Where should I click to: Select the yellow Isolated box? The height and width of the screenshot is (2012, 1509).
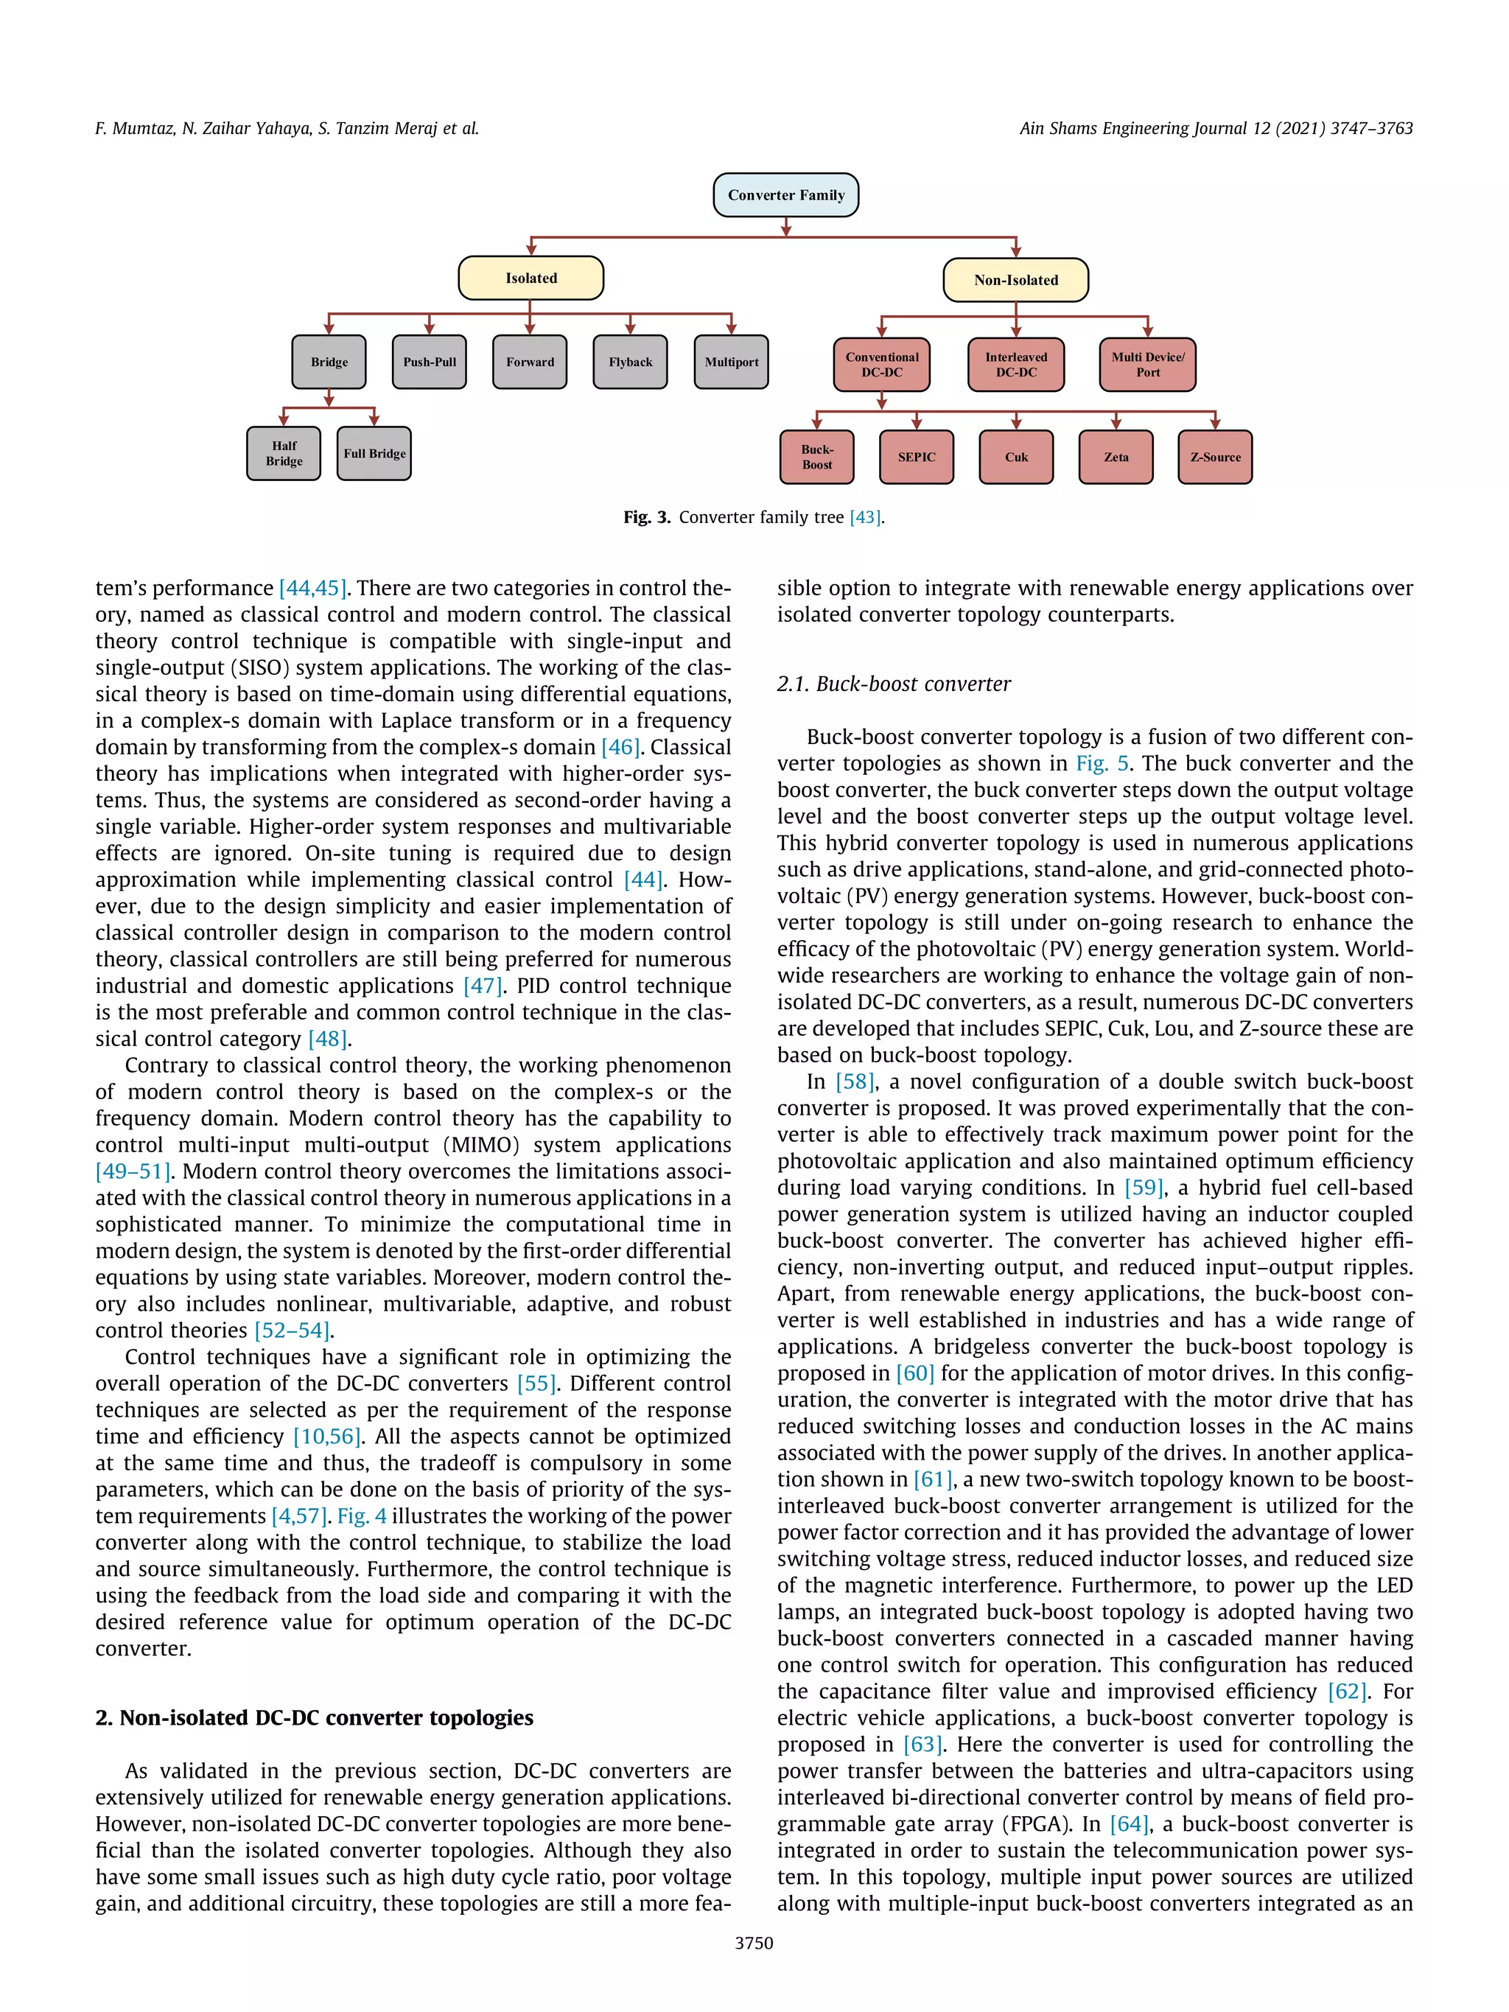click(531, 278)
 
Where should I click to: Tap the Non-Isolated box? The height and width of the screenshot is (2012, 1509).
click(1015, 280)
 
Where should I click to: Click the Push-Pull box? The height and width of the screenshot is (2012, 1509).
click(430, 362)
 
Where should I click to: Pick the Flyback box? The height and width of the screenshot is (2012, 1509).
click(630, 362)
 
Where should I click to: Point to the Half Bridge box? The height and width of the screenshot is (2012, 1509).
click(284, 453)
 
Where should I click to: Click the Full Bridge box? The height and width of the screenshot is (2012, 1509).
click(374, 453)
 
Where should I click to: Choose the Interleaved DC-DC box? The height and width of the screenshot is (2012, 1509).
click(1015, 365)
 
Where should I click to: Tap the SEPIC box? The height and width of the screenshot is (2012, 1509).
click(916, 458)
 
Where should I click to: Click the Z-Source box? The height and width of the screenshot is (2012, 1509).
click(1214, 458)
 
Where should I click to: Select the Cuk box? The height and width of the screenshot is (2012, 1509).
click(1016, 458)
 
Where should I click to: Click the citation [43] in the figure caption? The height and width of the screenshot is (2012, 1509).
click(865, 518)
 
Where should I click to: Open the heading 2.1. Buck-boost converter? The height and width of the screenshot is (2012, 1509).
click(893, 684)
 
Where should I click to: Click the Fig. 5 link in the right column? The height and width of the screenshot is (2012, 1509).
click(1102, 764)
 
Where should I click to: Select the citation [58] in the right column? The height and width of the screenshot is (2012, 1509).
click(855, 1082)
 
